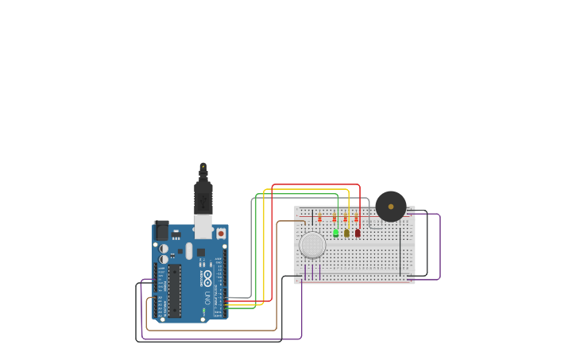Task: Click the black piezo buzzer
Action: tap(391, 207)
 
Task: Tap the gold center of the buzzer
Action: tap(391, 207)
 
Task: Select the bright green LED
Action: tap(335, 233)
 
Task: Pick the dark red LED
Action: tap(358, 233)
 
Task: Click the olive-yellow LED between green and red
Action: tap(346, 233)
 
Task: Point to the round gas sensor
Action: tap(312, 245)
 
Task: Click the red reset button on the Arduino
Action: tap(221, 234)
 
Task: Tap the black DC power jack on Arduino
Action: tap(161, 230)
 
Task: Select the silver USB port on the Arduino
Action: tap(204, 226)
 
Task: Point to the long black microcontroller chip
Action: tap(175, 290)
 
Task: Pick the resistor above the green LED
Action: tap(334, 218)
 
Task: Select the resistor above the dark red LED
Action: tap(357, 218)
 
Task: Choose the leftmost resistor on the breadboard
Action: tap(319, 218)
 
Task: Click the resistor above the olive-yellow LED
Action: tap(346, 218)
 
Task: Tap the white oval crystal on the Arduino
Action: tap(189, 251)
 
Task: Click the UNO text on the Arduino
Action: tap(207, 298)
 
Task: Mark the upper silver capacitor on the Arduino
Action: tap(164, 248)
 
